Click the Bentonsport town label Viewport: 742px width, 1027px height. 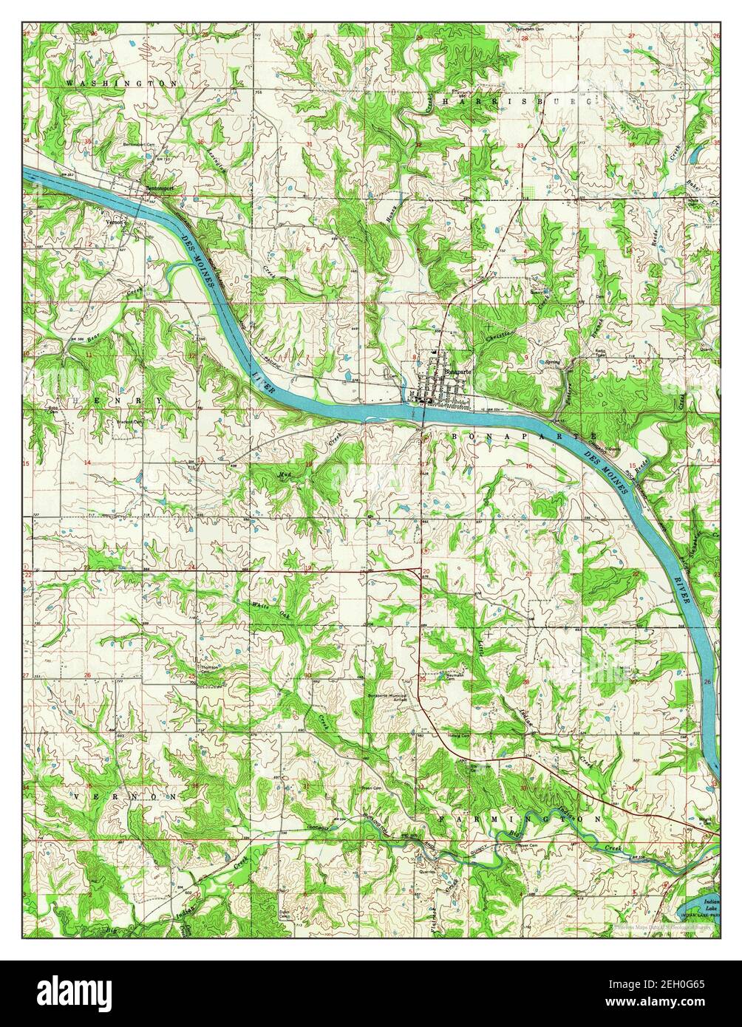pos(159,189)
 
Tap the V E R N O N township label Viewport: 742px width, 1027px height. pos(126,797)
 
